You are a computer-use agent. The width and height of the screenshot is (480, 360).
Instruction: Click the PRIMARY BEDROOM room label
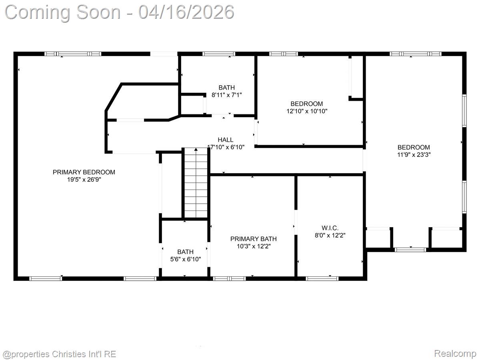coord(84,172)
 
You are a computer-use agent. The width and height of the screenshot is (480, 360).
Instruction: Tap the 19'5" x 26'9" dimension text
coord(84,180)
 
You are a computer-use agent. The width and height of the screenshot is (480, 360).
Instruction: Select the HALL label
coord(226,140)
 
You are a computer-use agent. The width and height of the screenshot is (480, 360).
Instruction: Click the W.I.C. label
coord(330,228)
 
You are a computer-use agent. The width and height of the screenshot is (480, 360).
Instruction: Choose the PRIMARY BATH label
coord(253,239)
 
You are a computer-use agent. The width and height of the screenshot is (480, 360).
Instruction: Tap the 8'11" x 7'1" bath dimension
coord(227,95)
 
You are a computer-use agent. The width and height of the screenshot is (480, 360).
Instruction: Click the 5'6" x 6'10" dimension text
coord(186,259)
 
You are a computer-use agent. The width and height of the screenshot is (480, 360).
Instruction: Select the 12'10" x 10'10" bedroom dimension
coord(307,111)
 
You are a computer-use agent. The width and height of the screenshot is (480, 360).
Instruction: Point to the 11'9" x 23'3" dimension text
coord(414,154)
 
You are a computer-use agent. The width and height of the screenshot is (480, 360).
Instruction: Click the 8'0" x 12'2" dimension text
coord(330,236)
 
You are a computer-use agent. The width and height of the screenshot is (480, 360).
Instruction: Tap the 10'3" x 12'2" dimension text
coord(253,246)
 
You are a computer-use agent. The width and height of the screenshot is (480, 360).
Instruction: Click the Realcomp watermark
coord(455,354)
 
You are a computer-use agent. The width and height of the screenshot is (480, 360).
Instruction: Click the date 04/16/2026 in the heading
coord(186,12)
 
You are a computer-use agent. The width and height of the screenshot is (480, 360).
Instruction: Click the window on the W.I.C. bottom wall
coord(322,278)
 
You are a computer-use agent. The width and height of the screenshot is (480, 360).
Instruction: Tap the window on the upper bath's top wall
coord(219,54)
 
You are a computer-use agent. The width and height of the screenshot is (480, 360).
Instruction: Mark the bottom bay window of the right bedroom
coord(410,250)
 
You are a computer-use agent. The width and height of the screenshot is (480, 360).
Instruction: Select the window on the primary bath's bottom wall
coord(230,278)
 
